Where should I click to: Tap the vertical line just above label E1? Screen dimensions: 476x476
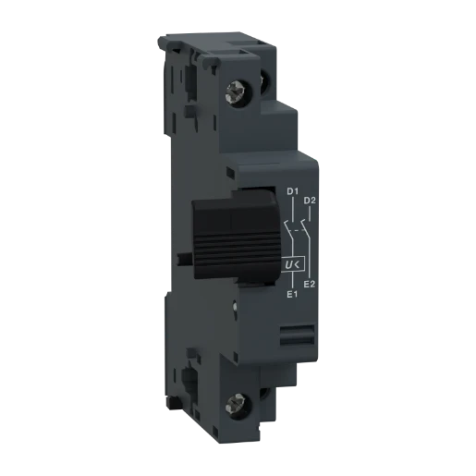pos(291,283)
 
